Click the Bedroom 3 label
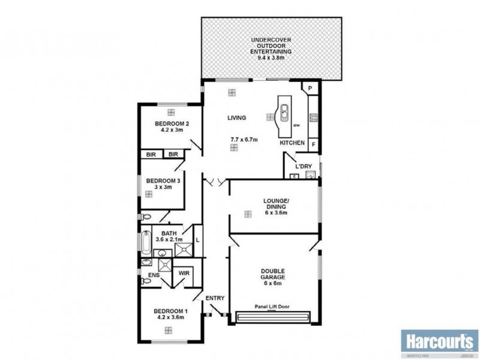[x=164, y=184]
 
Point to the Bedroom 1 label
[x=170, y=314]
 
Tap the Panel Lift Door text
[x=272, y=306]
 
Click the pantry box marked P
[x=310, y=88]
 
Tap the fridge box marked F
[x=313, y=145]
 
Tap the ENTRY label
[x=214, y=298]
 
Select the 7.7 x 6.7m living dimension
[x=244, y=139]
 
